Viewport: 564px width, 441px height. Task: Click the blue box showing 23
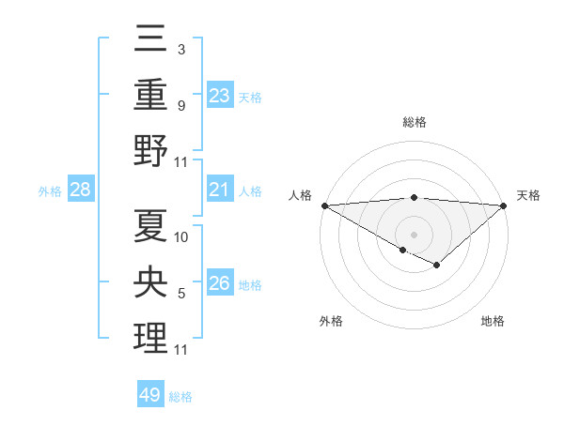coord(220,95)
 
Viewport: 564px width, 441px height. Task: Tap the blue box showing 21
coord(220,190)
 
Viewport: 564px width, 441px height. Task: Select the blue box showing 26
coord(220,283)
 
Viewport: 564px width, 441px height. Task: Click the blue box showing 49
coord(150,395)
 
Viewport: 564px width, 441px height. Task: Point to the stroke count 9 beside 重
coord(180,106)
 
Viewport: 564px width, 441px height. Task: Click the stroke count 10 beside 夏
coord(182,236)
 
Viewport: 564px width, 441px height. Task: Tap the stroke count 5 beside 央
coord(180,294)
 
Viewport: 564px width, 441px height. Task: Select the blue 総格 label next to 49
coord(180,397)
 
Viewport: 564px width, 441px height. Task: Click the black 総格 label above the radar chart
coord(415,122)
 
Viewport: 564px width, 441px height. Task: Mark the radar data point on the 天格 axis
coord(504,205)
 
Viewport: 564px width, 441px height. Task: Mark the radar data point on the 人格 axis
coord(324,205)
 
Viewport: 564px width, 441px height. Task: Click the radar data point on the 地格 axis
coord(437,266)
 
